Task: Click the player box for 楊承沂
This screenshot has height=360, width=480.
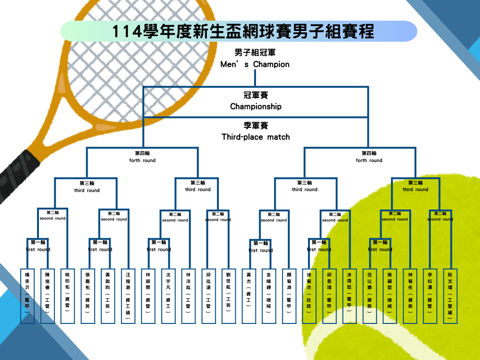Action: coord(27,296)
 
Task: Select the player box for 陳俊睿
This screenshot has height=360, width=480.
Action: coord(47,296)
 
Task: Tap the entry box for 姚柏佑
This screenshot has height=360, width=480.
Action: coord(67,296)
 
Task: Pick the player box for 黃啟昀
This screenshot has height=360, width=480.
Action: coord(108,296)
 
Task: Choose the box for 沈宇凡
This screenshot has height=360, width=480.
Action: coord(168,296)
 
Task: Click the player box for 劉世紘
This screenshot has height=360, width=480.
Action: coord(229,296)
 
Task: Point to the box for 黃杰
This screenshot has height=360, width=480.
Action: coord(249,296)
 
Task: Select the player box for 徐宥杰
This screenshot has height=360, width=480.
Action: coord(309,296)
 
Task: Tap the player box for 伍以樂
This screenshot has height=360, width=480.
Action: coord(370,296)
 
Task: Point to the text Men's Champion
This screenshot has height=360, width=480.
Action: coord(255,64)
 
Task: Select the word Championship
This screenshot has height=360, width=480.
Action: coord(256,106)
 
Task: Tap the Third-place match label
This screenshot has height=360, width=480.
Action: coord(256,137)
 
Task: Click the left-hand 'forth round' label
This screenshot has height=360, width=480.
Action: coord(142,160)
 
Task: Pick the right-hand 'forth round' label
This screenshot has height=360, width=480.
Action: coord(369,160)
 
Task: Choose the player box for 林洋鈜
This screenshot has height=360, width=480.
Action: coord(188,296)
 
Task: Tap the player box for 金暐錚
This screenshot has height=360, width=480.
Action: coord(269,296)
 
